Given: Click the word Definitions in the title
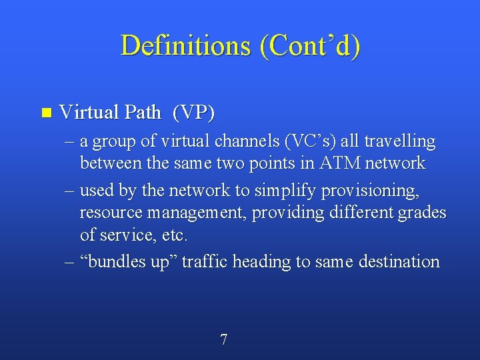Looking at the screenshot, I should point(183,45).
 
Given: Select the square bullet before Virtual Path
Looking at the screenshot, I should point(45,112).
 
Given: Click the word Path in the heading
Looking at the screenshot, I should point(141,112).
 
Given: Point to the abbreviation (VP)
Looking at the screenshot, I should point(193,112).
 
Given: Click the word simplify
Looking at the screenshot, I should point(285,191).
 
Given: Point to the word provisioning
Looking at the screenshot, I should point(370,191).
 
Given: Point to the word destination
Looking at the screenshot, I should point(399,261).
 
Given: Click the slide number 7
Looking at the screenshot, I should point(223,340).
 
